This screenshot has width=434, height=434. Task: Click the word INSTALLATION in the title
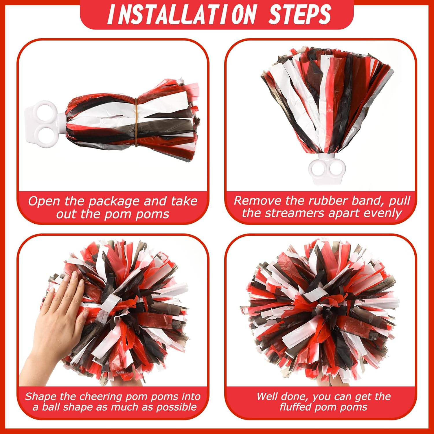click(x=182, y=14)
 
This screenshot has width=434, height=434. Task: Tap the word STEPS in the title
click(x=300, y=14)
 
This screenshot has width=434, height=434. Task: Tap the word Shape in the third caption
click(x=41, y=396)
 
